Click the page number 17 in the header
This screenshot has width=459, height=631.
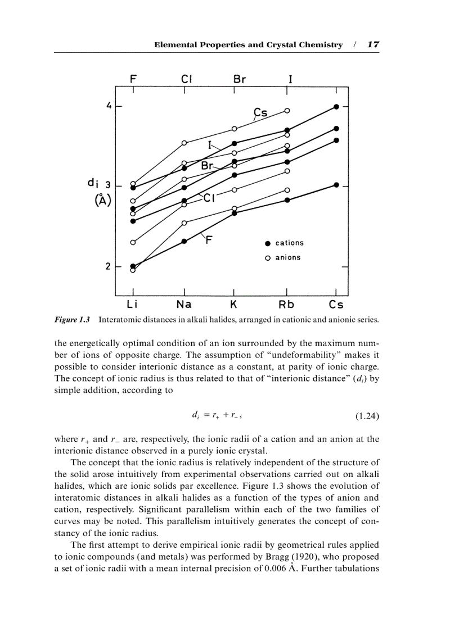tap(372, 44)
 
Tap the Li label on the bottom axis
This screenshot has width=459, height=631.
tap(132, 305)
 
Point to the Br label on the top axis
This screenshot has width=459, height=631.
tap(240, 79)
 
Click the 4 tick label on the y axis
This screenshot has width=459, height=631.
tap(109, 106)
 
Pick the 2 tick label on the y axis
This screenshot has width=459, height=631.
tap(108, 266)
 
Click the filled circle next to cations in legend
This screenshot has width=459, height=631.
tap(268, 243)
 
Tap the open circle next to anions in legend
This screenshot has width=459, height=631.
tap(268, 258)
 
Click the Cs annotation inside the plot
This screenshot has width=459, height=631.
tap(260, 113)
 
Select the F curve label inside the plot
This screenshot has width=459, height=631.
tap(209, 240)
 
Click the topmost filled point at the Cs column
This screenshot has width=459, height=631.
tap(336, 106)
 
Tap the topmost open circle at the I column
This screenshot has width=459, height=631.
tap(287, 111)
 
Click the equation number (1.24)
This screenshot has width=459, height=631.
tap(367, 416)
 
